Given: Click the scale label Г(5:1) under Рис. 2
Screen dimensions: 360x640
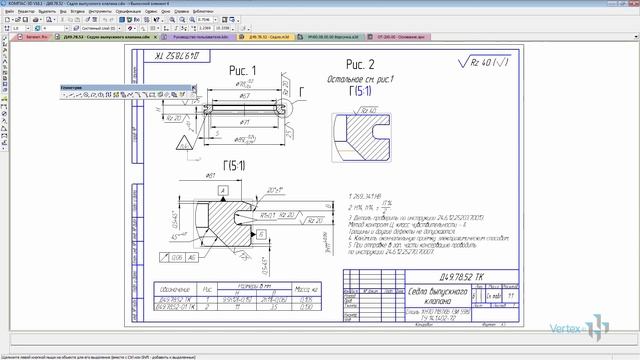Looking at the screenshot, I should [361, 92].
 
